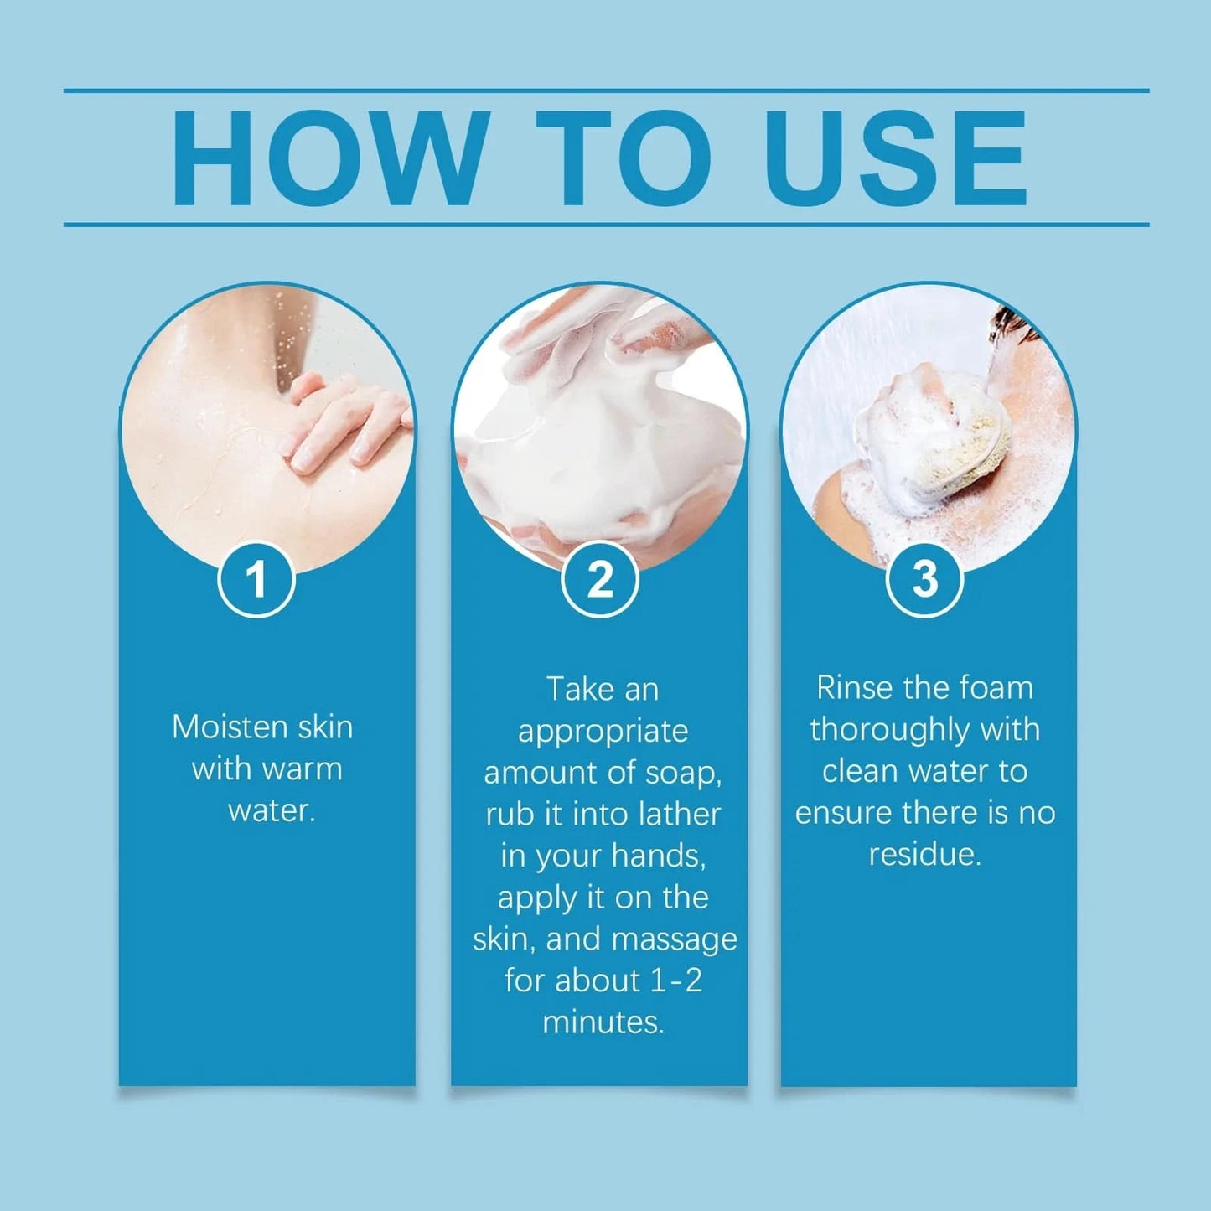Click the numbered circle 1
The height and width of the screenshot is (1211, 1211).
(x=256, y=579)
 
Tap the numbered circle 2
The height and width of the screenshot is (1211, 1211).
(x=599, y=579)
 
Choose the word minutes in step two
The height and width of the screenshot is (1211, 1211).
(x=603, y=1022)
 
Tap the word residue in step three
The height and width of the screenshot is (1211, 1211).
(x=924, y=856)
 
